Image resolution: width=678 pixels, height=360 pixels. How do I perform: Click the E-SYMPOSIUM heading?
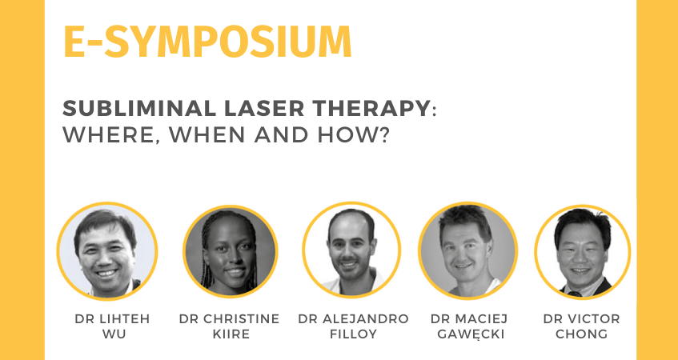tap(207, 42)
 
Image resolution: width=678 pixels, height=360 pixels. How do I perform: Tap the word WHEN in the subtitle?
tap(208, 136)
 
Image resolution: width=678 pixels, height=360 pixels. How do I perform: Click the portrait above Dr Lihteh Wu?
tap(107, 250)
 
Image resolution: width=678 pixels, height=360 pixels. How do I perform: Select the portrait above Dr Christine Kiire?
tap(230, 251)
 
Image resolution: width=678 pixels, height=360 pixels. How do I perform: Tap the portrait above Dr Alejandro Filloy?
tap(351, 250)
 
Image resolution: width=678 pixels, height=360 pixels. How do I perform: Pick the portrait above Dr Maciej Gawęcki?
tap(467, 250)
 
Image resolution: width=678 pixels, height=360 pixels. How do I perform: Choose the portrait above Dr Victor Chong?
tap(583, 251)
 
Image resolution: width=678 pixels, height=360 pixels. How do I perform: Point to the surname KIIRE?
tap(231, 334)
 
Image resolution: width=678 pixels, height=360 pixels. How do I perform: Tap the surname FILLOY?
tap(353, 334)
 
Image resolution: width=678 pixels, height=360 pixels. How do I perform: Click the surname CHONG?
tap(583, 334)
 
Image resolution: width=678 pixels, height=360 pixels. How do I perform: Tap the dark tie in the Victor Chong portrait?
tap(575, 294)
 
